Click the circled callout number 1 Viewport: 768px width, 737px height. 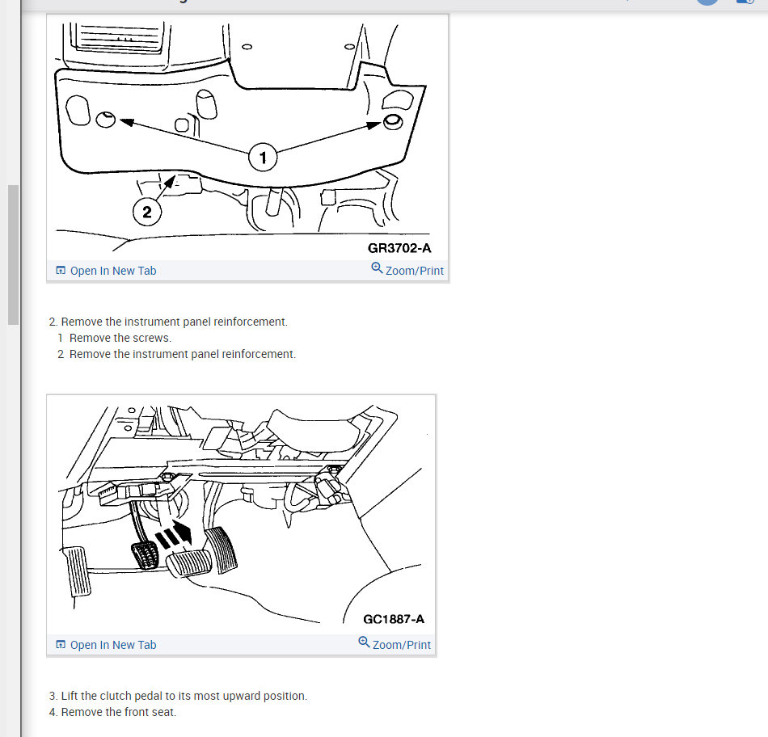click(263, 158)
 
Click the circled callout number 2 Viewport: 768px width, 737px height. click(147, 212)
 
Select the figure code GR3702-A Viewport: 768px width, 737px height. click(399, 248)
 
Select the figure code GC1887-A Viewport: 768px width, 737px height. click(394, 620)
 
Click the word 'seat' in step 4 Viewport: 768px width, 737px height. click(163, 712)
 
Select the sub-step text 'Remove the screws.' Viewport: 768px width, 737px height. click(120, 338)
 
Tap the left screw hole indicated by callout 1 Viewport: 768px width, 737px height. click(105, 119)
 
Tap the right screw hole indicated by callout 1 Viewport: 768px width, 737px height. click(393, 121)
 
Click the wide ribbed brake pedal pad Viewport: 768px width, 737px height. click(189, 563)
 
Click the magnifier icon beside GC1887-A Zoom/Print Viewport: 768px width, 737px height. click(364, 642)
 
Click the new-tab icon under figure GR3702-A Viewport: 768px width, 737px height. click(61, 271)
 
